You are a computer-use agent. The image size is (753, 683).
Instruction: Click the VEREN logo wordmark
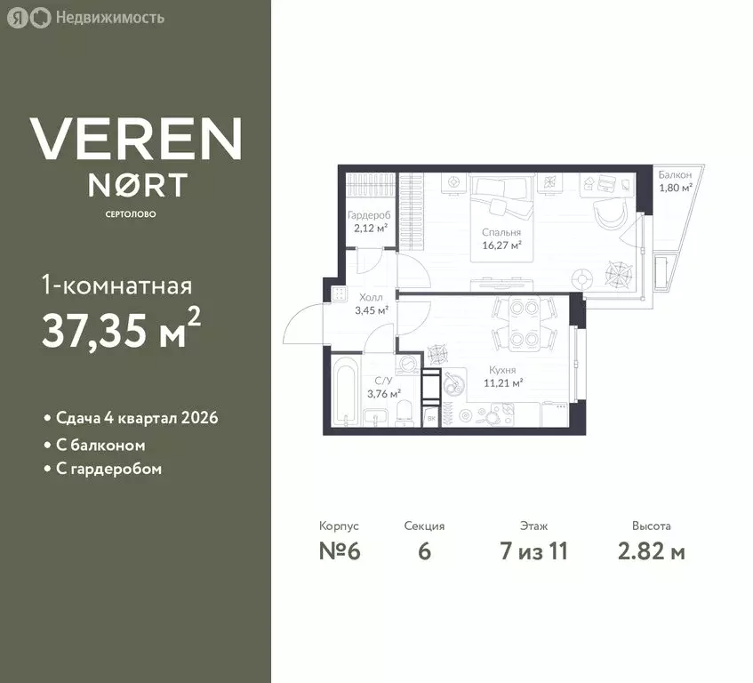pos(135,139)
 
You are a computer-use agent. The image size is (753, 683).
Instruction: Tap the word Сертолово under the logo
pos(131,214)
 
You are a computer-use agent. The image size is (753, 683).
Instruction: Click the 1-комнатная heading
pos(117,285)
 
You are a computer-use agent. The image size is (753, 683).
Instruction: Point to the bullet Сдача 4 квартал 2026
pos(131,418)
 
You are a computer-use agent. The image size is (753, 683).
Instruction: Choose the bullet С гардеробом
pos(103,469)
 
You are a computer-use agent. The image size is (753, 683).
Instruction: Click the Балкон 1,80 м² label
pos(675,181)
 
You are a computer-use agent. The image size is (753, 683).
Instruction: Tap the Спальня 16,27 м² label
pos(501,238)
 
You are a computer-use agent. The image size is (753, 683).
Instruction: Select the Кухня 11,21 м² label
pos(503,376)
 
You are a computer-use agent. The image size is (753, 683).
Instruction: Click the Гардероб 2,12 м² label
pos(369,221)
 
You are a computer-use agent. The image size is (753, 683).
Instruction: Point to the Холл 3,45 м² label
pos(372,304)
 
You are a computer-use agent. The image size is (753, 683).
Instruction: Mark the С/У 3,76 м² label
pos(384,388)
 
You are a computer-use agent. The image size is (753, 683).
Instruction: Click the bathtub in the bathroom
pos(347,390)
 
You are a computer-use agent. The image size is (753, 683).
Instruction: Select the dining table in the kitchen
pos(524,323)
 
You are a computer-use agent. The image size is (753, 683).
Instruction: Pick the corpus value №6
pos(340,550)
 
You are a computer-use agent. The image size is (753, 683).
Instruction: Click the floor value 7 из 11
pos(533,550)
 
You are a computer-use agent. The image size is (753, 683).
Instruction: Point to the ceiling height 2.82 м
pos(651,550)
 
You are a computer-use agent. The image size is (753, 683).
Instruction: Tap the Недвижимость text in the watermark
pos(110,18)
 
